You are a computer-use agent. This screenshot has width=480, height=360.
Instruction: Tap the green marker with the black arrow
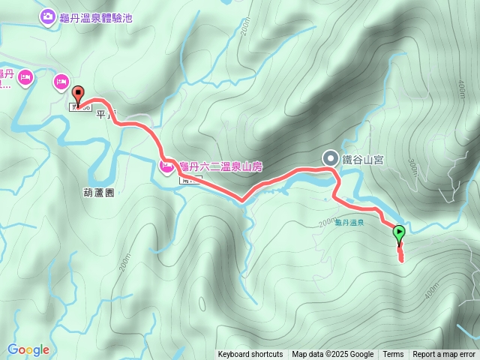[398, 233]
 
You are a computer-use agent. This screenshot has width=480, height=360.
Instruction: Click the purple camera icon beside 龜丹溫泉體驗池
[47, 16]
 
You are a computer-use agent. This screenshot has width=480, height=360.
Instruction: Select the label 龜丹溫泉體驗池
[96, 17]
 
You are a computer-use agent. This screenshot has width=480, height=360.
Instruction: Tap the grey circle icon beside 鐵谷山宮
[330, 157]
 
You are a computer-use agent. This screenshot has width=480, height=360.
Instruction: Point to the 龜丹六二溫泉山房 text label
[218, 165]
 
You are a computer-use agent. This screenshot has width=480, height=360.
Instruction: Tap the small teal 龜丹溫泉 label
[349, 223]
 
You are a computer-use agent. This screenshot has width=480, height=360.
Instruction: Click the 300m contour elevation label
[413, 167]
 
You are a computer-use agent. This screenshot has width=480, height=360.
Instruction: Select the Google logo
[28, 349]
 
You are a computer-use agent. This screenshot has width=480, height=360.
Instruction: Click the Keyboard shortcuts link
[250, 355]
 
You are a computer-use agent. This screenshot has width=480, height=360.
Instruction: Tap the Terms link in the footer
[393, 355]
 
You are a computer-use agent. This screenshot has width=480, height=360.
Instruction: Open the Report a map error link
[444, 355]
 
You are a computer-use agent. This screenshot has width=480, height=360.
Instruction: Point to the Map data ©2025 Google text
[333, 355]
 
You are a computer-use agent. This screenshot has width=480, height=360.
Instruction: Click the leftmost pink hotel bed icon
[25, 76]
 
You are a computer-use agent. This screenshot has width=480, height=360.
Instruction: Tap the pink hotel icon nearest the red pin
[61, 81]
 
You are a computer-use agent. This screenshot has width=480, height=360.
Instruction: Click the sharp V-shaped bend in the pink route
[241, 200]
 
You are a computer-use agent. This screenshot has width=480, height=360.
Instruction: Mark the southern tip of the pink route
[400, 259]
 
